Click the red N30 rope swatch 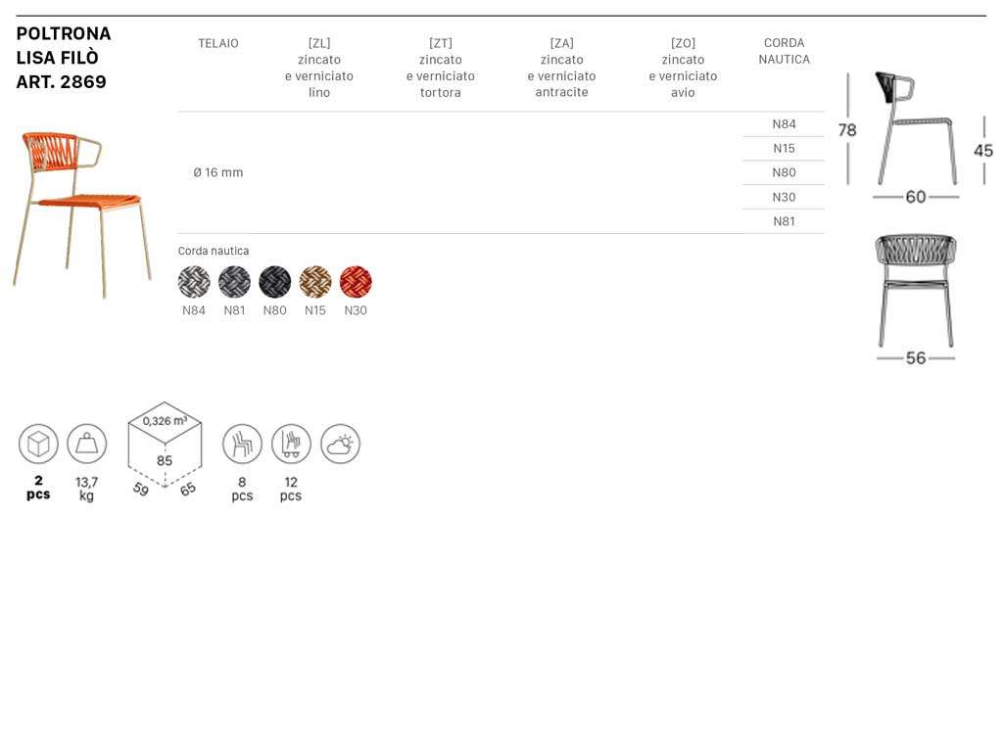[356, 281]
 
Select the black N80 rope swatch [275, 281]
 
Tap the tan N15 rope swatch [315, 281]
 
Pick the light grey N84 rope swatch [194, 281]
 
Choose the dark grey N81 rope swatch [234, 281]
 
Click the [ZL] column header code [319, 43]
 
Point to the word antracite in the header [561, 92]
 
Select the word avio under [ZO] [683, 92]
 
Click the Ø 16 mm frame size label [218, 172]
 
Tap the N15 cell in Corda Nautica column [784, 149]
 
